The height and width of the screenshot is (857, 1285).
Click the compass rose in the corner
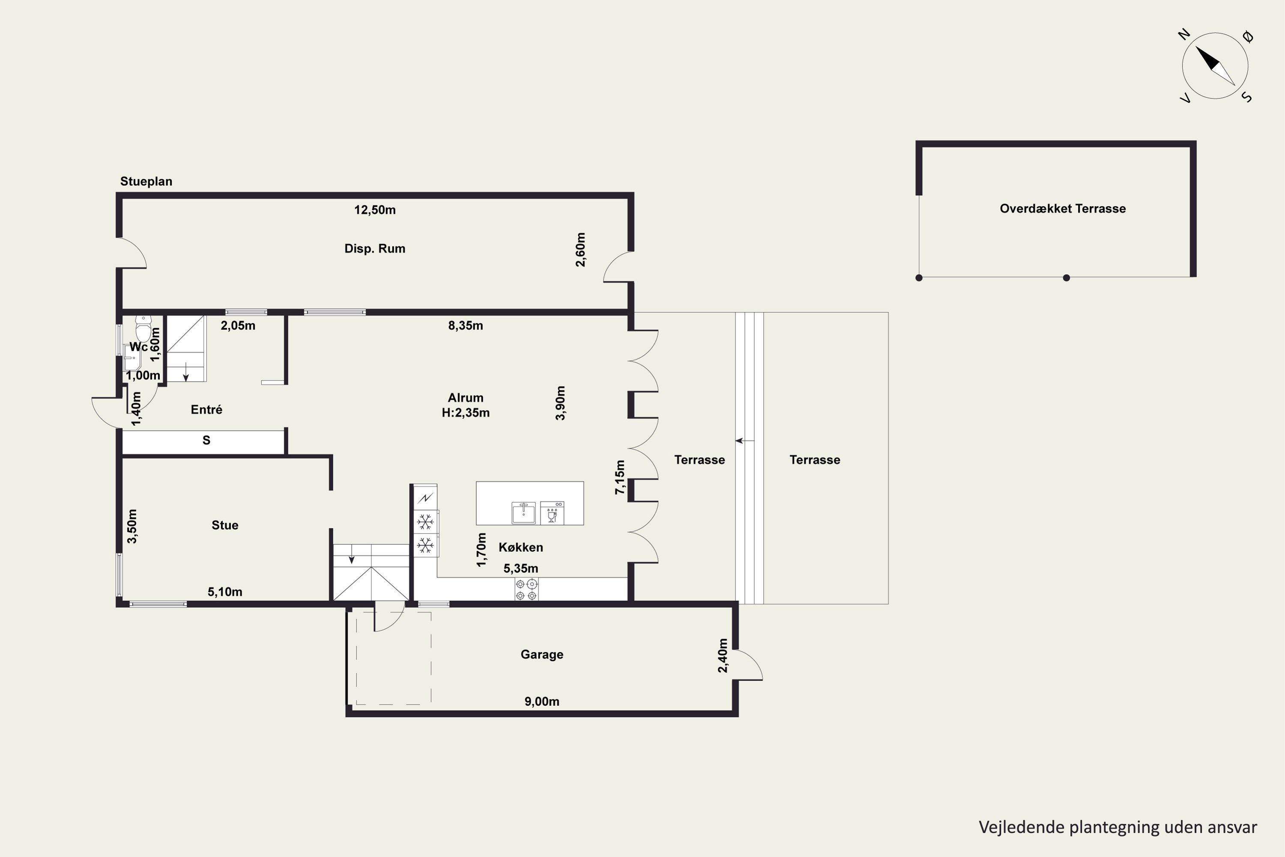tap(1215, 66)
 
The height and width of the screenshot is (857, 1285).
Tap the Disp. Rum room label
tap(375, 249)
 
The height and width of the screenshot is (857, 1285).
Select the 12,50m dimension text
tap(375, 210)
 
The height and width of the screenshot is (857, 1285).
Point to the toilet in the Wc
tap(143, 329)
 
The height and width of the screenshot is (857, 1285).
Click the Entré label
tap(206, 409)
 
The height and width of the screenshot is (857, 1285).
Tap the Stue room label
tap(225, 525)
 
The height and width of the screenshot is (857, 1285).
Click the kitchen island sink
tap(523, 512)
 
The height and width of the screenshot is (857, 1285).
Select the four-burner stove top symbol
tap(526, 590)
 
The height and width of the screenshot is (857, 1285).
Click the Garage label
tap(542, 654)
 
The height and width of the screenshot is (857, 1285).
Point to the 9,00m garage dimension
tap(542, 701)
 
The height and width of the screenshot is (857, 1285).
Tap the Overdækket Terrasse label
tap(1063, 208)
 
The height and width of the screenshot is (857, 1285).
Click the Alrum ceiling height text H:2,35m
tap(466, 413)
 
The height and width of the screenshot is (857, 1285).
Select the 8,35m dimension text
tap(466, 326)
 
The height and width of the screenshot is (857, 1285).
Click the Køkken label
tap(521, 547)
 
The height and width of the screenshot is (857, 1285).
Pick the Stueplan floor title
tap(146, 181)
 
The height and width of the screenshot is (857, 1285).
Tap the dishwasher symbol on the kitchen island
tap(552, 512)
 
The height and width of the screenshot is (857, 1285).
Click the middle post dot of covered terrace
tap(1066, 278)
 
